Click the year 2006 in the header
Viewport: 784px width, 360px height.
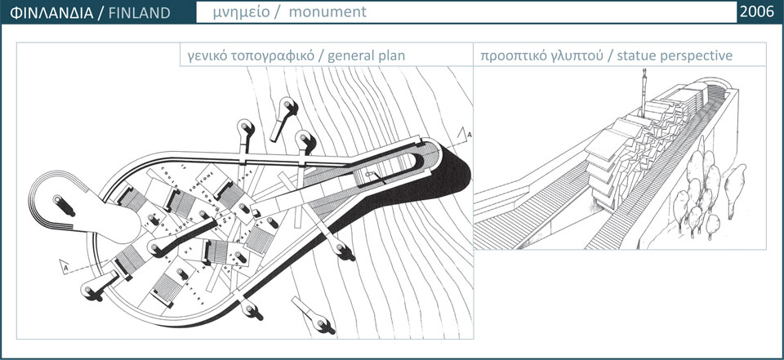tap(755, 11)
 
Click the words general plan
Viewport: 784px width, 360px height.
tap(364, 56)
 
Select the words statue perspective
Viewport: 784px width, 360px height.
tap(675, 56)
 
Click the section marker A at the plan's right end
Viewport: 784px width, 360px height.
tap(465, 133)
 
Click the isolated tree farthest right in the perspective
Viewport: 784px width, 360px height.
tap(737, 180)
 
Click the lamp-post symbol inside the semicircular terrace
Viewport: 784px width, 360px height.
tap(59, 201)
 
